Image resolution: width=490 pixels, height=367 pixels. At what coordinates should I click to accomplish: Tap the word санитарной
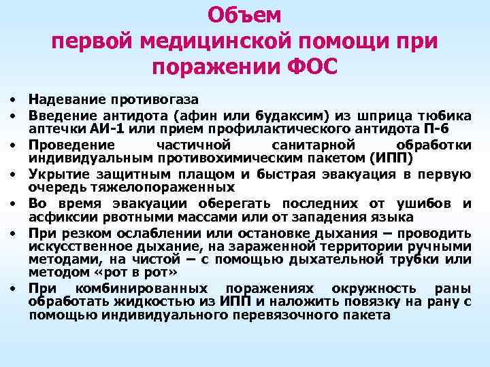point(304,145)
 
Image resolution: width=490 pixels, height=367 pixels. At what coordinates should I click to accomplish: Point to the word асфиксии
point(54,217)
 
